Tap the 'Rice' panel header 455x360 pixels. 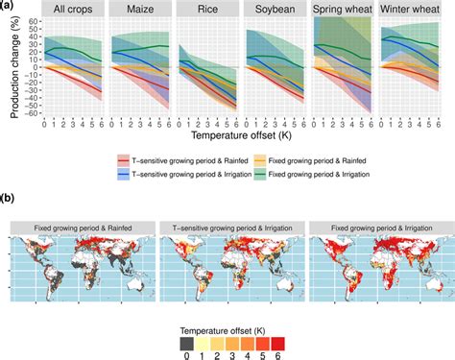(203, 10)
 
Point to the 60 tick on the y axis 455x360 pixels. (34, 19)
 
